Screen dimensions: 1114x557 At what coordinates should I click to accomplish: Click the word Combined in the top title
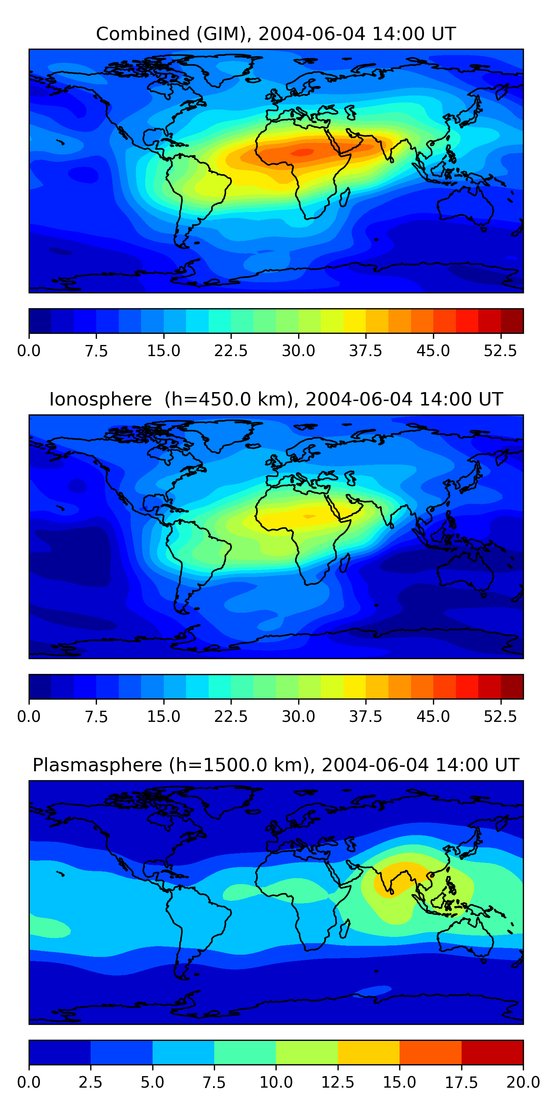143,34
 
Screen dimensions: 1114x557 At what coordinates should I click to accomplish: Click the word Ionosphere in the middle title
100,399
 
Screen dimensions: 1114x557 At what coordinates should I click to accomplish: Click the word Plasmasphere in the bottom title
97,765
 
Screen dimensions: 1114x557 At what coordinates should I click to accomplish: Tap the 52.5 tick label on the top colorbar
500,351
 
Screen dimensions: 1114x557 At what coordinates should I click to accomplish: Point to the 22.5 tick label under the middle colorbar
231,717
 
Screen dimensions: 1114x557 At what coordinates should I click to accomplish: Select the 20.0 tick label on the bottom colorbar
523,1082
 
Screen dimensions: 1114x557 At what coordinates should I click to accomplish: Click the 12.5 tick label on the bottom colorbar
338,1082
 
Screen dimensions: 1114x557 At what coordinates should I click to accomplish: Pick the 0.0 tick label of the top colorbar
29,351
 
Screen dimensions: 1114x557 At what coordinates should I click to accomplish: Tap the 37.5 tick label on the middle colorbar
366,717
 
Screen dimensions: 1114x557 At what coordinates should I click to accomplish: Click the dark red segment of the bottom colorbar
492,1052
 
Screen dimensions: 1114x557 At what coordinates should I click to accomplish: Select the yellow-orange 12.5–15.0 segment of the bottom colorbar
368,1052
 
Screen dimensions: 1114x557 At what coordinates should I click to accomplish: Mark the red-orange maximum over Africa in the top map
303,152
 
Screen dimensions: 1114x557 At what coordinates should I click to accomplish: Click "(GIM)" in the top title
224,34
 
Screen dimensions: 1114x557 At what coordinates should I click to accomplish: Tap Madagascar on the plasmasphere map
345,929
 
